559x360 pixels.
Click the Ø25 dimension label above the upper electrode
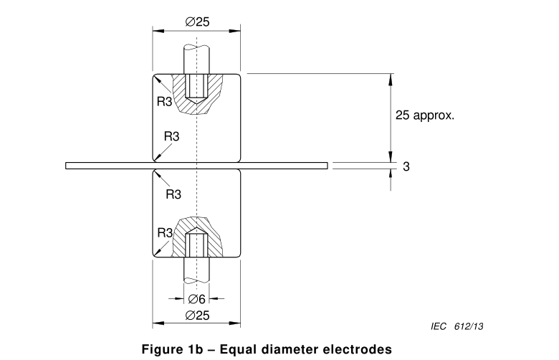[197, 22]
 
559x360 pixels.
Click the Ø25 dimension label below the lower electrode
[197, 315]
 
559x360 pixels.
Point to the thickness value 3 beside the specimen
[406, 166]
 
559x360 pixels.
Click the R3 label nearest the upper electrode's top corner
[164, 101]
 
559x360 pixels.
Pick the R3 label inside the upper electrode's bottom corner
[172, 136]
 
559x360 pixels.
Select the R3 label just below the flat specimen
[173, 194]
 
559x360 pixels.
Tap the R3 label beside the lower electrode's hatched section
[164, 232]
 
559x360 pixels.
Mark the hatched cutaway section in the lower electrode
[215, 233]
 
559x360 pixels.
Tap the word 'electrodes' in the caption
[358, 349]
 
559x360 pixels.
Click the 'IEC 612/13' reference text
[457, 326]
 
